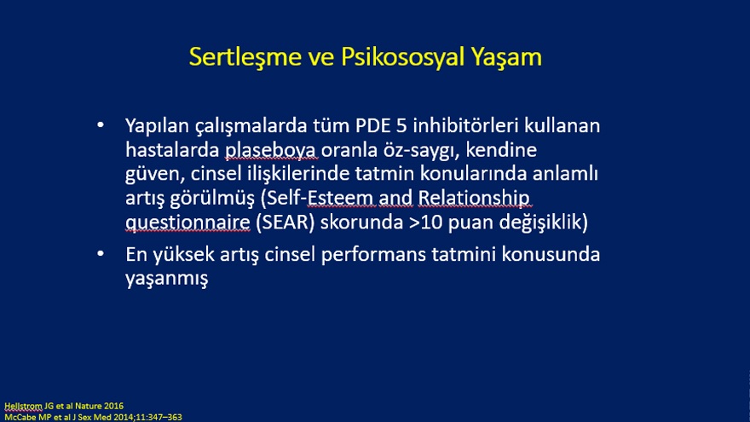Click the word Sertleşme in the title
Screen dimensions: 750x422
245,57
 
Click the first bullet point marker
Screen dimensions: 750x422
101,125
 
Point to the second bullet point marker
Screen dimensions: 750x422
101,253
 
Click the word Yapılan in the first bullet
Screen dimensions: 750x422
158,126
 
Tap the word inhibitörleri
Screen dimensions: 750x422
466,125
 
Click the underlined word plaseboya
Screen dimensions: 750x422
270,151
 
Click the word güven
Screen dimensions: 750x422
155,174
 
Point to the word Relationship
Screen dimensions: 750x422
474,199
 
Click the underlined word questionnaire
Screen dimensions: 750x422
187,223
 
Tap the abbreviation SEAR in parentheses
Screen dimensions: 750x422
285,222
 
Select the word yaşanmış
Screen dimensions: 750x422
166,279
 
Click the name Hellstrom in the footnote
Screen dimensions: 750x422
24,406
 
